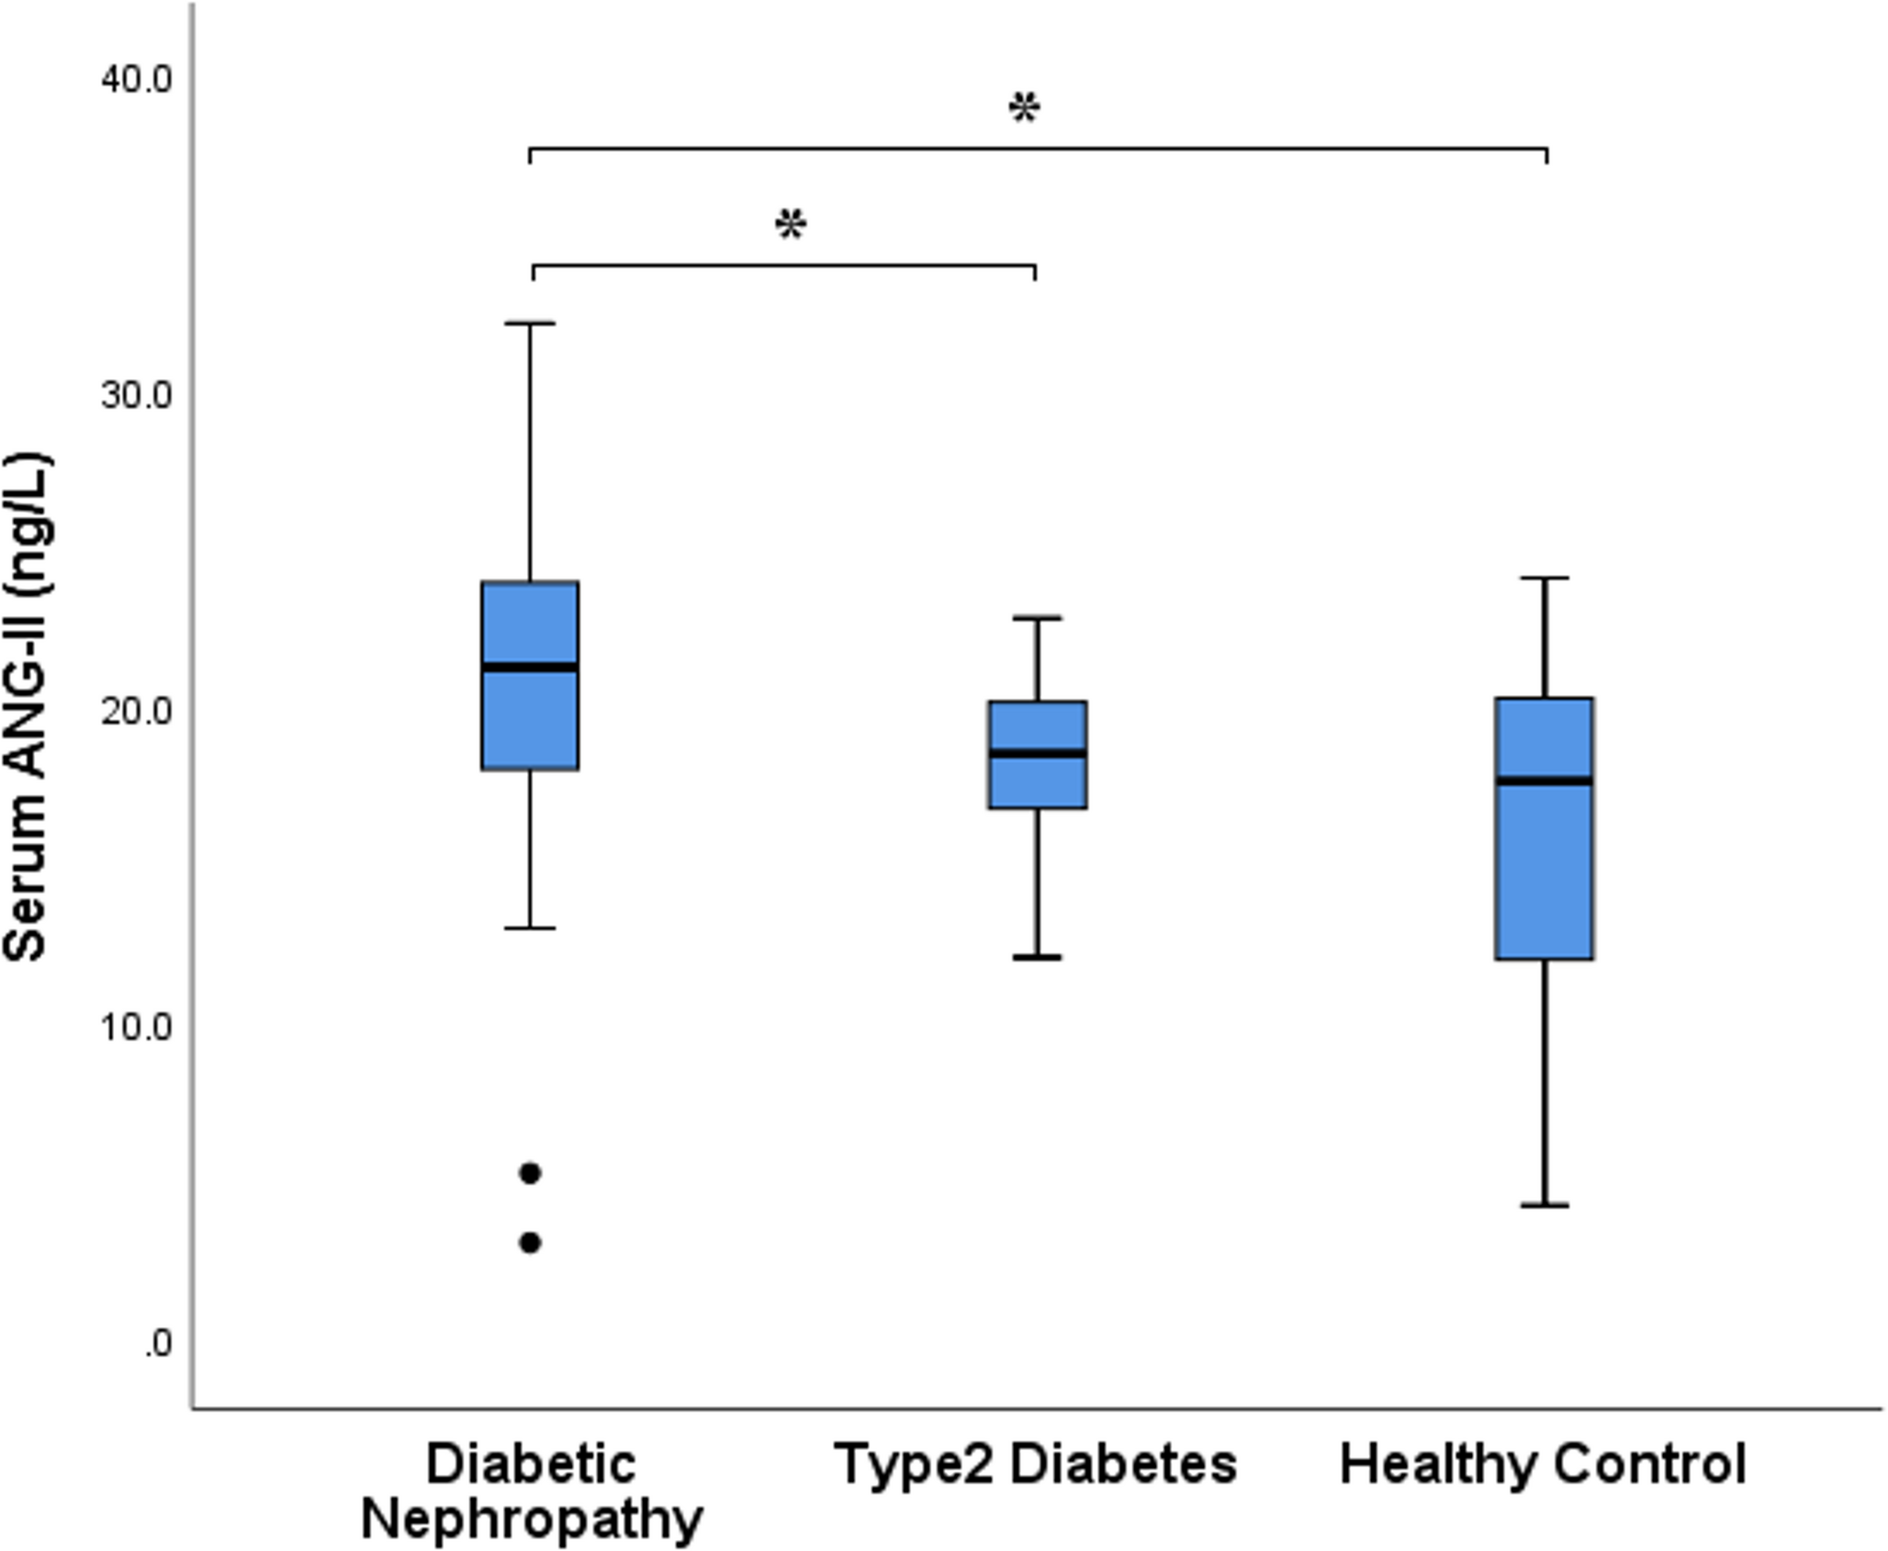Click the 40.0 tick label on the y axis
(x=136, y=80)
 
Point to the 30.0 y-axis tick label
(x=136, y=396)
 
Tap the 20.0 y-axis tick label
(x=136, y=712)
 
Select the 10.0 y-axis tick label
(x=136, y=1028)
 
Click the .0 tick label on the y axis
(x=157, y=1343)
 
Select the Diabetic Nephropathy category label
(x=531, y=1491)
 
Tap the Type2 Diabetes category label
(x=1036, y=1464)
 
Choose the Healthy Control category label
(x=1543, y=1464)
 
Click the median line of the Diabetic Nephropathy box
(x=531, y=667)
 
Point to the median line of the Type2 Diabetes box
(x=1038, y=753)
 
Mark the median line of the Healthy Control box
(x=1545, y=781)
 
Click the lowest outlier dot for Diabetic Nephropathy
(x=531, y=1242)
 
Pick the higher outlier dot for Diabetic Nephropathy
(x=531, y=1173)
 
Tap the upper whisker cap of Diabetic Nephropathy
(x=531, y=323)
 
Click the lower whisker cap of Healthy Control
(x=1545, y=1205)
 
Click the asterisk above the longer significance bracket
(x=1024, y=110)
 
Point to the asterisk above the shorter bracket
(x=791, y=226)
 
